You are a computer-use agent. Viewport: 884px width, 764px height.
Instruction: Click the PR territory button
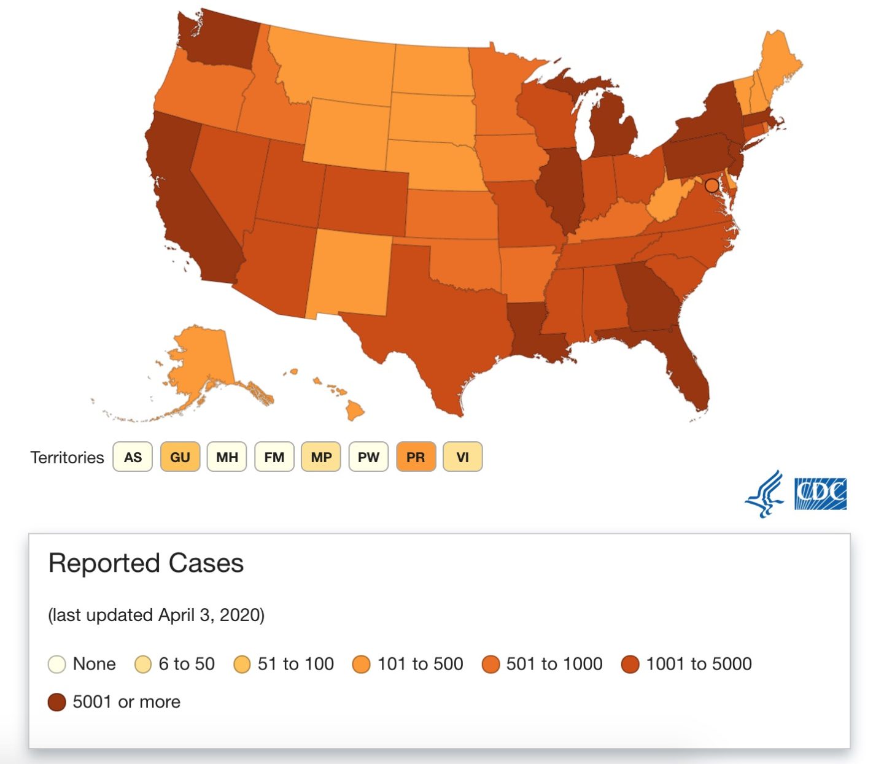[x=416, y=457]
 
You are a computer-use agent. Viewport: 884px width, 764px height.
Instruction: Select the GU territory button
[x=180, y=457]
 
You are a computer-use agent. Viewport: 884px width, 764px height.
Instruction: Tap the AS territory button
[x=133, y=457]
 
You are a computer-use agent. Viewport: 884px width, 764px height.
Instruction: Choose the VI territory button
[x=463, y=457]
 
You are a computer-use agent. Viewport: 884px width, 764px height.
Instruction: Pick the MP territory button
[x=321, y=457]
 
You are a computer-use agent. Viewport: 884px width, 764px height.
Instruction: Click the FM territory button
[x=274, y=457]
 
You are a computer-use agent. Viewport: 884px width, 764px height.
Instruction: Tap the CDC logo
[x=820, y=494]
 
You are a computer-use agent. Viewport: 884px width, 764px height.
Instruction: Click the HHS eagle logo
[x=764, y=494]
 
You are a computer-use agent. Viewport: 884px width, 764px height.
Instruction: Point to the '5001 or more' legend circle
[x=57, y=702]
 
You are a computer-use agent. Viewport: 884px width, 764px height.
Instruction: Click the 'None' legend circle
[x=57, y=664]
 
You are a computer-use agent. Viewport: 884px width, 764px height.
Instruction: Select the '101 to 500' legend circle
[x=362, y=664]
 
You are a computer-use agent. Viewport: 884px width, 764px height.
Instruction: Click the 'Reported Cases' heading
[x=146, y=563]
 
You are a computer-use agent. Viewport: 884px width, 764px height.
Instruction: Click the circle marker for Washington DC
[x=711, y=185]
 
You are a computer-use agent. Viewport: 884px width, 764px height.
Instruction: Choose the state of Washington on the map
[x=221, y=40]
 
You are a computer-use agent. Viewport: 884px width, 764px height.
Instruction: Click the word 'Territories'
[x=68, y=457]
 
